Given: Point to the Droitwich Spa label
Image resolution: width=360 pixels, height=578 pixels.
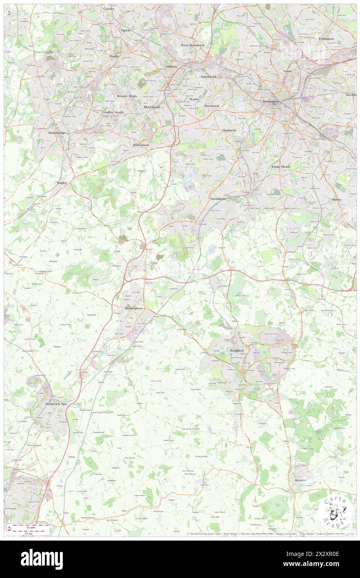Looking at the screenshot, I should (56, 404).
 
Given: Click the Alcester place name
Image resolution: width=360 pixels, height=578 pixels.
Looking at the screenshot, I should (300, 480).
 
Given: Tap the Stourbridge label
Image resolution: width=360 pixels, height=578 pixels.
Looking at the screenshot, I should (57, 133).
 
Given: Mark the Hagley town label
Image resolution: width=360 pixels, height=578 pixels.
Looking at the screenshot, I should (62, 183).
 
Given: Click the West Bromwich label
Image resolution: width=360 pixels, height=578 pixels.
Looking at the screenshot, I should (192, 45).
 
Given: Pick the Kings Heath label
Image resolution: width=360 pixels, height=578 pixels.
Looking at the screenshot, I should (281, 166).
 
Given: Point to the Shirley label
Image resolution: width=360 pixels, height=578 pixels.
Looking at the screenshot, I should (336, 200).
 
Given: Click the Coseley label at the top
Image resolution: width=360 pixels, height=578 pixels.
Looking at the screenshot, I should (109, 8).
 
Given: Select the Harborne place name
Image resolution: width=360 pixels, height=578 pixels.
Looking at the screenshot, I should (229, 130).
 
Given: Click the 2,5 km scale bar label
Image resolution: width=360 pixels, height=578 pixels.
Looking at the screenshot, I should (28, 533).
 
